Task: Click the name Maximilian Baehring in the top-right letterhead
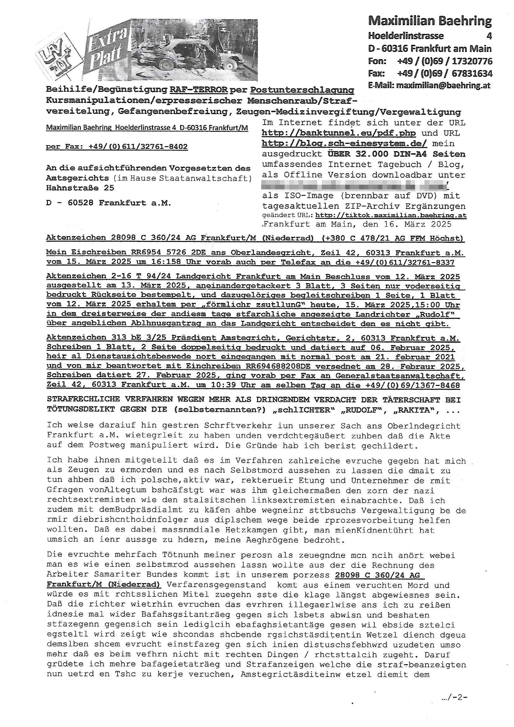429,21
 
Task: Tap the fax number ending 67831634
444,74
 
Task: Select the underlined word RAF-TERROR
199,90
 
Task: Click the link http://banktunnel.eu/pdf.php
339,133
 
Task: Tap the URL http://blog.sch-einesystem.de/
344,144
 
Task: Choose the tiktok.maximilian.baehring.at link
391,215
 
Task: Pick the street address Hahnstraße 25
80,188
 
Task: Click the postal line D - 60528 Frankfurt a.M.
109,203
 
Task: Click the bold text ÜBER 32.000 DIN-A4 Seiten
396,154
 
